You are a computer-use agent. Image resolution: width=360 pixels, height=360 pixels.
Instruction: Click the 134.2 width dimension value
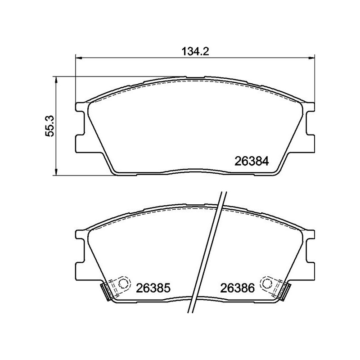(x=195, y=51)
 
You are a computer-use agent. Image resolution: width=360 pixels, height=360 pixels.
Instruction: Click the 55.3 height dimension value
(x=49, y=126)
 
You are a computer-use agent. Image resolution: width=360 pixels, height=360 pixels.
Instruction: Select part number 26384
(x=252, y=162)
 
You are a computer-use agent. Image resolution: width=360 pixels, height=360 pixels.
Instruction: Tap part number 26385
(x=153, y=288)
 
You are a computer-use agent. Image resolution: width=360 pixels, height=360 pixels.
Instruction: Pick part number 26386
(x=238, y=288)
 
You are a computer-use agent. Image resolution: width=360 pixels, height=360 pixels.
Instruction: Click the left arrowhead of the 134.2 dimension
(x=78, y=58)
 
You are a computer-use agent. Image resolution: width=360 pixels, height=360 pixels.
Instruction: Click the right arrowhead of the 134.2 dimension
(x=312, y=58)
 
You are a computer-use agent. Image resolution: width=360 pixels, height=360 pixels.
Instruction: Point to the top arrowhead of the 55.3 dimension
(x=55, y=80)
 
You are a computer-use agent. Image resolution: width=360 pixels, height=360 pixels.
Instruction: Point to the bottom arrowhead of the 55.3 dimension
(x=55, y=173)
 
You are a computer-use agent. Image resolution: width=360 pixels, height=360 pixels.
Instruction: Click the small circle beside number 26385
(x=123, y=283)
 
